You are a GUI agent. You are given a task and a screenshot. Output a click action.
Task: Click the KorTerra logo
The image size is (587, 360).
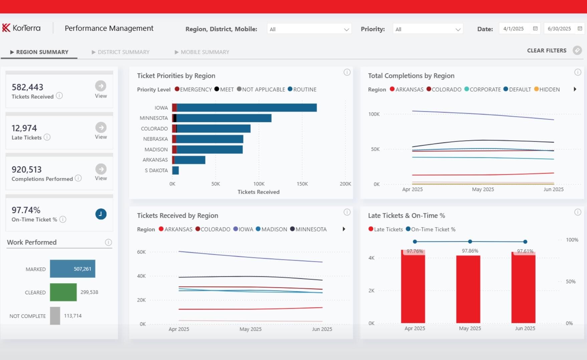(21, 28)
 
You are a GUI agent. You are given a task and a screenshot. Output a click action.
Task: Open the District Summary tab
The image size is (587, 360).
(123, 52)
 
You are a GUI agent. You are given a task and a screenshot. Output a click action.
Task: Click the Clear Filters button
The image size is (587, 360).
(547, 50)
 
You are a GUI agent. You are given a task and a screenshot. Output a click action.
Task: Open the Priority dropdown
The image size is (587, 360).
(427, 29)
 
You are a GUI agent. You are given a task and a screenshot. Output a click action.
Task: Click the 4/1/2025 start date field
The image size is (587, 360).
(514, 29)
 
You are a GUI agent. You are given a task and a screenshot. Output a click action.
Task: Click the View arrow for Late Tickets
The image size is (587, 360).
(101, 128)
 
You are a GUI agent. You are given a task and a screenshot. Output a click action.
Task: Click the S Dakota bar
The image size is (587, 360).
(176, 170)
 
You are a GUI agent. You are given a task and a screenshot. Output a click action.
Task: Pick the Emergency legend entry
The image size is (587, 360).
(193, 89)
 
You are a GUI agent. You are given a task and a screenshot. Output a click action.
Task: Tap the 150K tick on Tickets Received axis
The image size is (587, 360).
(302, 184)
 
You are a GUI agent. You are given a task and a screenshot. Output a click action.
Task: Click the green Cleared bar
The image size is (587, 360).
(63, 292)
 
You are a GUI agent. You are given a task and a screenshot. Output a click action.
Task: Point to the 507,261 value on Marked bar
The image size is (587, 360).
(82, 269)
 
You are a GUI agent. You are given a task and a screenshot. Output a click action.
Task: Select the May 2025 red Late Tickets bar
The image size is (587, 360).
(468, 289)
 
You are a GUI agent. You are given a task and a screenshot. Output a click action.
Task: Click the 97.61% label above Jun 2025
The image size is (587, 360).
(525, 251)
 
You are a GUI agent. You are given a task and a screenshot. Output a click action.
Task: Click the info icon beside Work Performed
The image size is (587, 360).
(108, 242)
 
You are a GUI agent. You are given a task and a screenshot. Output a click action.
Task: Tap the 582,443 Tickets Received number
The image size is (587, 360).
(27, 87)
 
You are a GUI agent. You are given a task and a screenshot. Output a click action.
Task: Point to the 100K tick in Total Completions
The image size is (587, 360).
(374, 114)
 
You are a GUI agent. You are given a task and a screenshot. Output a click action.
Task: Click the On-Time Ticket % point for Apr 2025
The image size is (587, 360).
(415, 241)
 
